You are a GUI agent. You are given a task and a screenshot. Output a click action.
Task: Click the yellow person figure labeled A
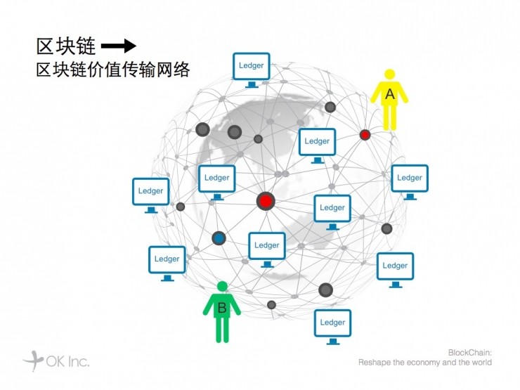[389, 99]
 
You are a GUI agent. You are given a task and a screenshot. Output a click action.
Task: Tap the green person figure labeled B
[222, 312]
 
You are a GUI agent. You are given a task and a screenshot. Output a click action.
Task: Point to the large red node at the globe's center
[265, 201]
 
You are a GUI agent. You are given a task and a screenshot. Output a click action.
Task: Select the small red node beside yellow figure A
[365, 134]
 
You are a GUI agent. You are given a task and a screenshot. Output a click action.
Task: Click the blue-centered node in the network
[219, 239]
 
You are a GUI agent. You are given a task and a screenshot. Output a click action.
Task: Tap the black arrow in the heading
[118, 46]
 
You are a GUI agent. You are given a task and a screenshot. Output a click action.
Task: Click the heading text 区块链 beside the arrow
[65, 46]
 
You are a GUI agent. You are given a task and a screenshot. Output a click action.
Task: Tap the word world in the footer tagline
[482, 363]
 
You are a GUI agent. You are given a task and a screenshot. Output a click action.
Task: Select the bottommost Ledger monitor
[332, 325]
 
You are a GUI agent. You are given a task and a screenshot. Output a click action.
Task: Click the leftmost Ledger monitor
[150, 193]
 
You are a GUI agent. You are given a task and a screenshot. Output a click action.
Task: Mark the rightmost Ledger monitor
[409, 181]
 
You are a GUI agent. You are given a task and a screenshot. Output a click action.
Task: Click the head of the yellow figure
[389, 74]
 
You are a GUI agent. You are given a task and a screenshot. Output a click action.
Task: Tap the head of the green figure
[222, 287]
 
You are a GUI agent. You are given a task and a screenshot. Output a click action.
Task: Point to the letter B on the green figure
[221, 307]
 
